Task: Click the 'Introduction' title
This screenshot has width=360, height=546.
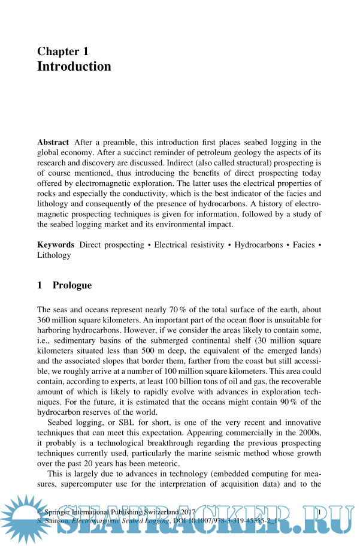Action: pos(74,67)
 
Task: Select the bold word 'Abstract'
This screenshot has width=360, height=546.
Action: pos(53,143)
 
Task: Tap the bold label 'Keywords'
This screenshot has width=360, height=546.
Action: pos(56,245)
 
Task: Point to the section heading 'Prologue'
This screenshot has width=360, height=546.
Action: pos(72,285)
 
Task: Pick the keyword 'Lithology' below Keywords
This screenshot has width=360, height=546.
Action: pos(54,255)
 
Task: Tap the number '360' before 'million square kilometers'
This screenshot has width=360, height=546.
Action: pos(45,319)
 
